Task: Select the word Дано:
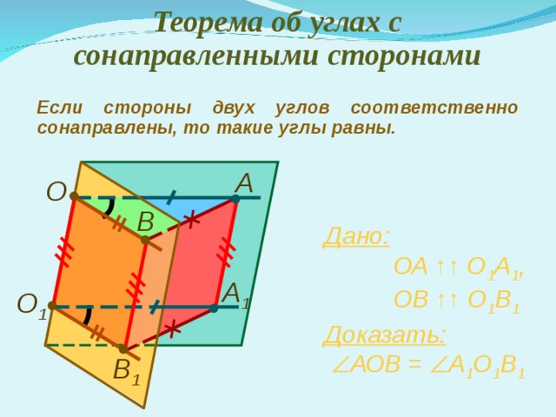(x=356, y=236)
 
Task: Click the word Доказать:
(x=385, y=334)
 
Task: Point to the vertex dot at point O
(x=75, y=196)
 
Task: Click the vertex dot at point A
(x=235, y=198)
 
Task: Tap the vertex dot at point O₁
(x=53, y=306)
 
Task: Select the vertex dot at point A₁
(x=214, y=308)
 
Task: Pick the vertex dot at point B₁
(x=123, y=348)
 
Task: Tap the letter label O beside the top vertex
(x=56, y=191)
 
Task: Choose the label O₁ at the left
(x=30, y=305)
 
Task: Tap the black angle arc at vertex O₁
(x=88, y=315)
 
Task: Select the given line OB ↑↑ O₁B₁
(x=456, y=301)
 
